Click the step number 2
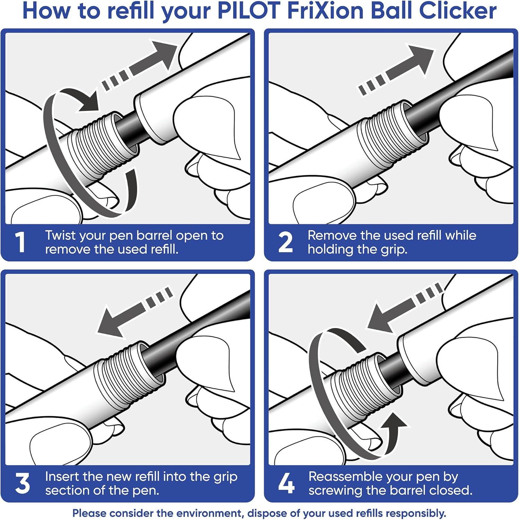pos(285,242)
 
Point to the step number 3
pos(23,483)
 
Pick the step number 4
pos(286,483)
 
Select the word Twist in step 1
pos(60,236)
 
